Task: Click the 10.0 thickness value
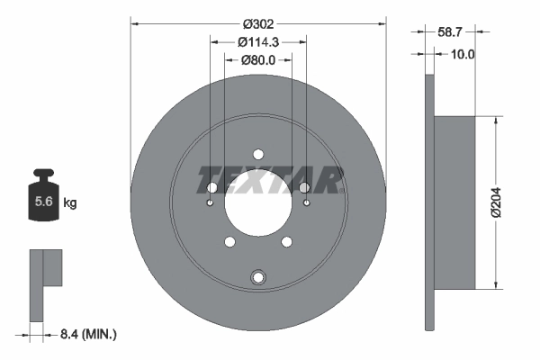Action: (x=461, y=54)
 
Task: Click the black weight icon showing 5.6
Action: (x=42, y=201)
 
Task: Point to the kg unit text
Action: (x=69, y=203)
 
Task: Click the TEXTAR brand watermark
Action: (x=270, y=180)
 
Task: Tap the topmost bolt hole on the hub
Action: (x=258, y=153)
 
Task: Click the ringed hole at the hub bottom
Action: (x=258, y=276)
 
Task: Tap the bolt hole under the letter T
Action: (x=212, y=187)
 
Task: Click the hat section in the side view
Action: (x=455, y=202)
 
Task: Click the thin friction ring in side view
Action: (x=428, y=202)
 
